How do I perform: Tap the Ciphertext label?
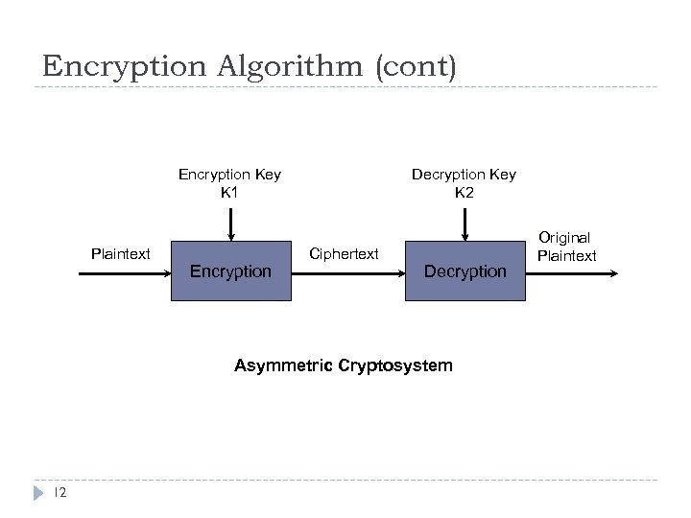[x=345, y=254]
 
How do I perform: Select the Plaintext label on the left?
[x=120, y=254]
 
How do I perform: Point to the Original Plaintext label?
[x=566, y=247]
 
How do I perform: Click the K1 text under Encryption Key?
[x=229, y=192]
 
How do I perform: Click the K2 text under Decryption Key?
[x=464, y=192]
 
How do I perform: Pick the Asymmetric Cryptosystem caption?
[x=344, y=365]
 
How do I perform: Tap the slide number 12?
[x=59, y=492]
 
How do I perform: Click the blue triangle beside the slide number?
[x=37, y=492]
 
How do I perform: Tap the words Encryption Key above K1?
[x=229, y=175]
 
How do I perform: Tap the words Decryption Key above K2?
[x=464, y=175]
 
